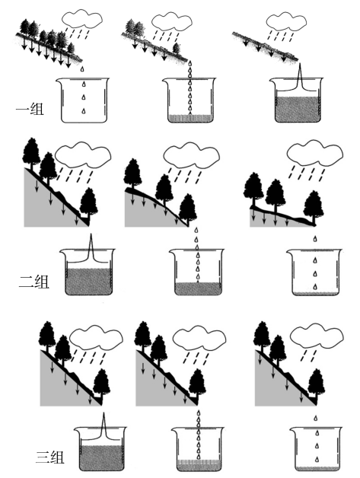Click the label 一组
[x=30, y=110]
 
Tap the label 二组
[x=33, y=282]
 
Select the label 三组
[x=50, y=458]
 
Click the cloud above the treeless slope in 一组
[x=286, y=21]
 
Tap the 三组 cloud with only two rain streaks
[x=317, y=337]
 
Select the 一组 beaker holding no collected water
[x=82, y=100]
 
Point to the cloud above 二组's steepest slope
[x=83, y=155]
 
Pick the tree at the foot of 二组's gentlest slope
[x=314, y=207]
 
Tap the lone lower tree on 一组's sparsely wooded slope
[x=176, y=48]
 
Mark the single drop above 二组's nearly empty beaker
[x=315, y=238]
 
